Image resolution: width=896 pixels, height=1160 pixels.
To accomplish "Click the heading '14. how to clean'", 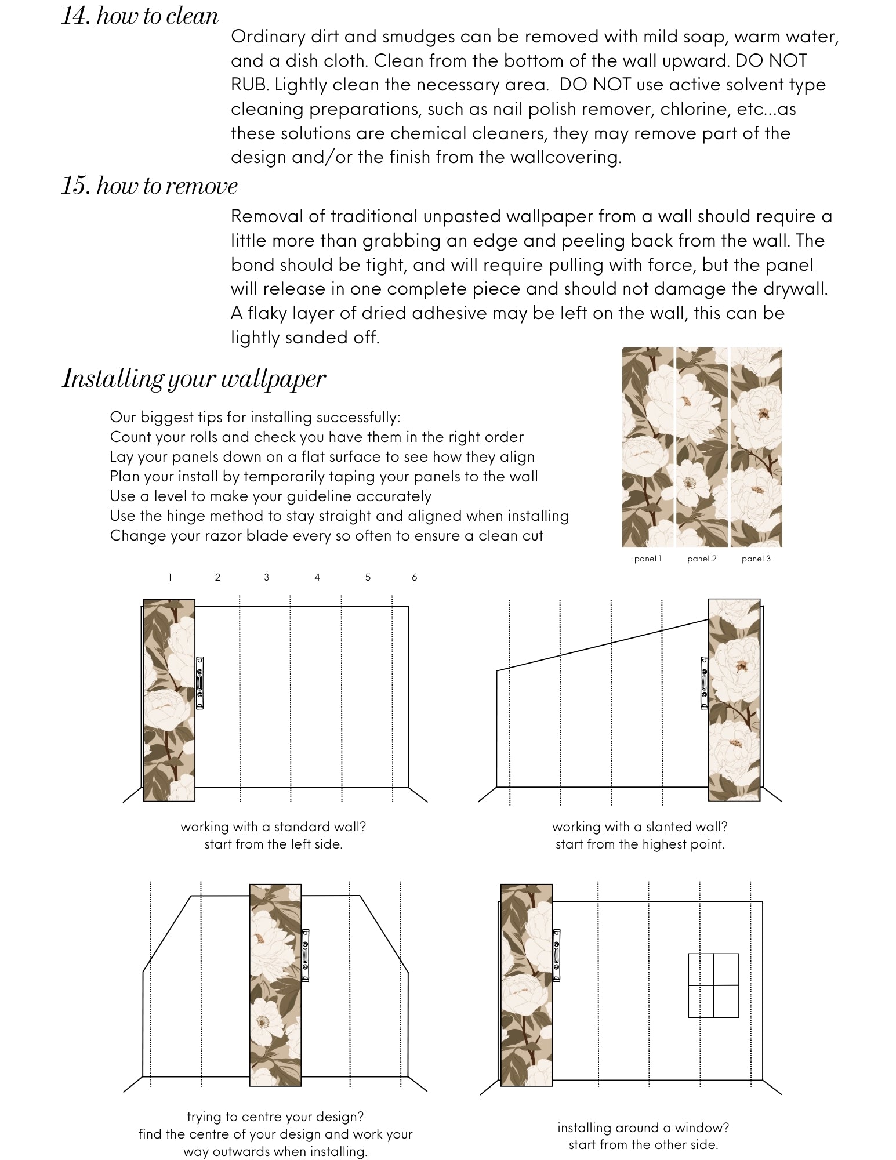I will [x=140, y=16].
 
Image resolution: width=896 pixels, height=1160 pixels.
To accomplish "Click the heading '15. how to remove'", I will [x=150, y=186].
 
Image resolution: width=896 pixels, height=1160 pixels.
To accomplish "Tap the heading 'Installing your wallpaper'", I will [x=194, y=379].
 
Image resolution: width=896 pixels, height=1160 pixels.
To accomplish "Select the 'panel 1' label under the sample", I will [x=648, y=559].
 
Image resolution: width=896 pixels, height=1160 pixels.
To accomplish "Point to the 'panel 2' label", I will [x=702, y=559].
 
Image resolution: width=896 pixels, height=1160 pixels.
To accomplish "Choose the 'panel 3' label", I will [x=756, y=559].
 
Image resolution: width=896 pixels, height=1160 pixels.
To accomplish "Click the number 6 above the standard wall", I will [x=414, y=577].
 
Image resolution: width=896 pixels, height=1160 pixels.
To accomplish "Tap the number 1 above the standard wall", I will [x=169, y=577].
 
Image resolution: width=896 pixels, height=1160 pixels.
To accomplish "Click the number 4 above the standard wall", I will [x=317, y=577].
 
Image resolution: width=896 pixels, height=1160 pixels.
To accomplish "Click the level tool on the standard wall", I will [x=200, y=682].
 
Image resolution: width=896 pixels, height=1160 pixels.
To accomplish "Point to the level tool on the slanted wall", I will [x=704, y=682].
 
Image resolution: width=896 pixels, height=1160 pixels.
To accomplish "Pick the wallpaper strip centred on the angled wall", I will [x=275, y=984].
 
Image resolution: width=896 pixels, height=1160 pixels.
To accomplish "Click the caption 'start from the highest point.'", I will [x=640, y=844].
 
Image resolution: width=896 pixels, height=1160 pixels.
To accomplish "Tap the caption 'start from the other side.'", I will [x=643, y=1144].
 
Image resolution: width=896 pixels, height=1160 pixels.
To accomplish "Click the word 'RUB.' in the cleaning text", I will [x=250, y=85].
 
